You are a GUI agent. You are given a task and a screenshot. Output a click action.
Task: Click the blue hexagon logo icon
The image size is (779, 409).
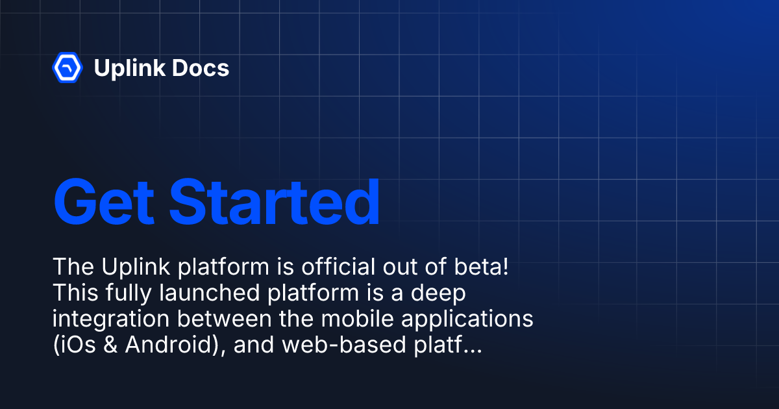tap(66, 68)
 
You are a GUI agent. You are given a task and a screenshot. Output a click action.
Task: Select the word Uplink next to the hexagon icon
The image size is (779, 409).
tap(130, 68)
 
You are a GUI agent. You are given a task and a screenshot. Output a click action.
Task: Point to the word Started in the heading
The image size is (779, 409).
tap(274, 202)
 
